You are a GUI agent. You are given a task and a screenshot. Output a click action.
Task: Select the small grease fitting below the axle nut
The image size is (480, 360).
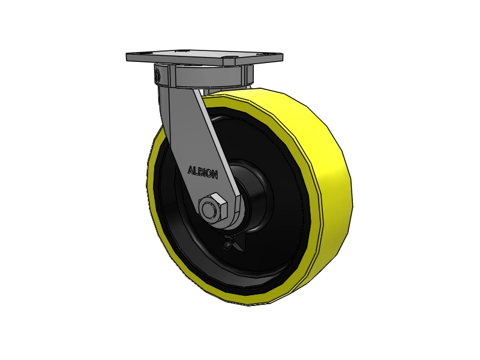point(228,244)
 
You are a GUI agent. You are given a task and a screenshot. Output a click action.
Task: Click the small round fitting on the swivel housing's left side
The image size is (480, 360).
point(157,76)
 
